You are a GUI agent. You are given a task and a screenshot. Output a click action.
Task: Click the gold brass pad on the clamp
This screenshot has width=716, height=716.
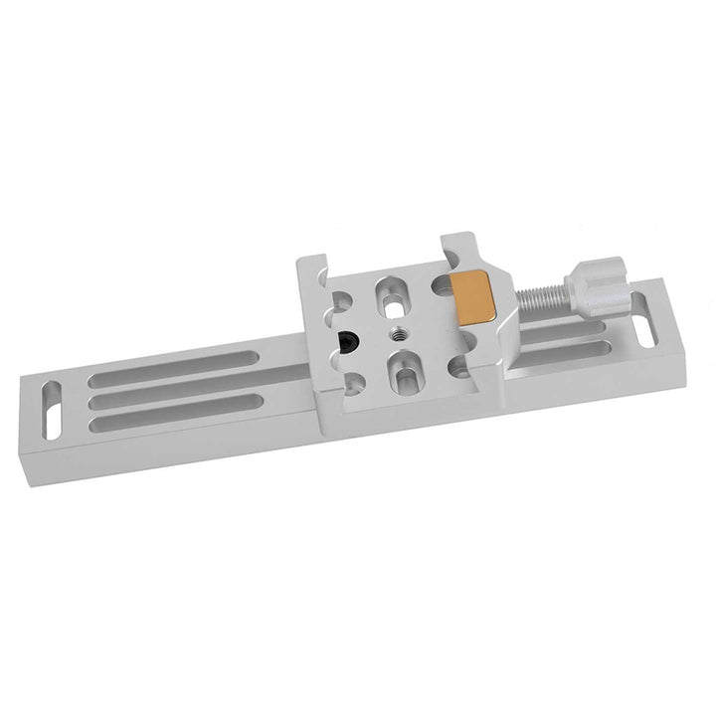coord(473,297)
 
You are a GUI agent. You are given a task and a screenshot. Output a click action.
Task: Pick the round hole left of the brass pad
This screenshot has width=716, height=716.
coord(438,287)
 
